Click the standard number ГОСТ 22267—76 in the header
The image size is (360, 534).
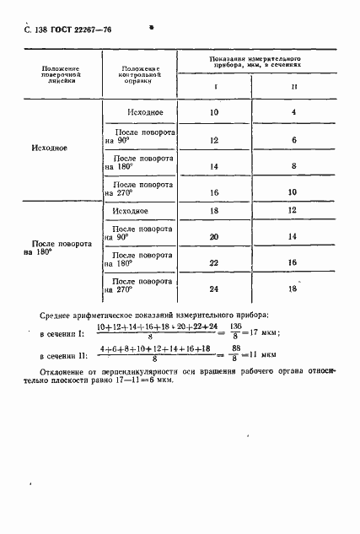click(83, 30)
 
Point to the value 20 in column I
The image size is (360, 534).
click(212, 237)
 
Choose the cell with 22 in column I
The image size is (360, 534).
click(212, 263)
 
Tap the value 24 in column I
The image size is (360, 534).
click(212, 289)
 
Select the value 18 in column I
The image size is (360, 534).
click(212, 211)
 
